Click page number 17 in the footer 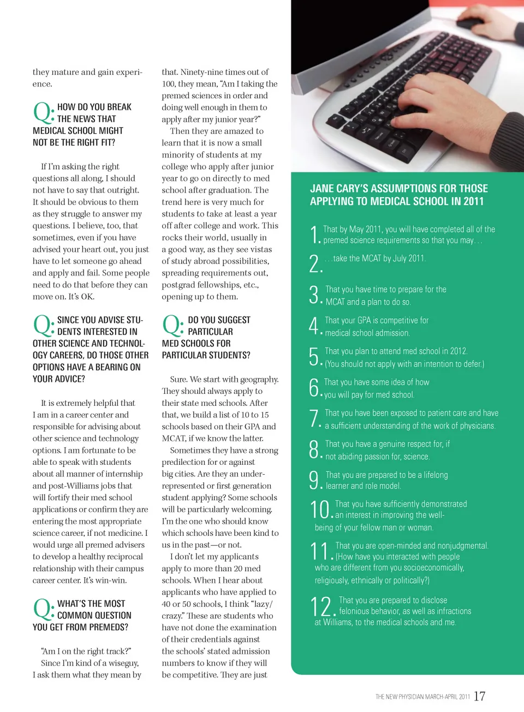click(479, 696)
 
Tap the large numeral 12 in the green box click(321, 607)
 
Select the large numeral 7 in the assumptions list click(314, 418)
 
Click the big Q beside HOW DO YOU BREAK click(42, 112)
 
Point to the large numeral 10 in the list click(320, 510)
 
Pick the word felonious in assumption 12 click(356, 611)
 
